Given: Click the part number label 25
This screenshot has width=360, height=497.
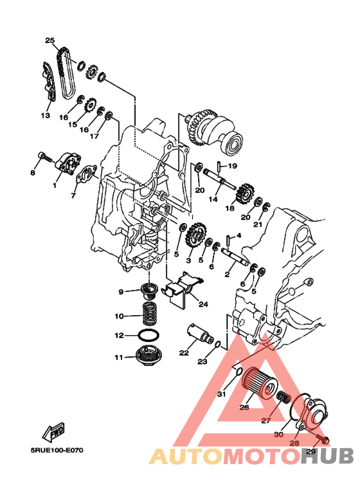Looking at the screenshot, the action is [50, 41].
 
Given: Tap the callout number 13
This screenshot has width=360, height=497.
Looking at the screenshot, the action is [45, 114].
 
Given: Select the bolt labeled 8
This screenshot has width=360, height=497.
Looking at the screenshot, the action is [46, 157].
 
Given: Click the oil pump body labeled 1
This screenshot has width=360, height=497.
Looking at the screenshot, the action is [68, 163].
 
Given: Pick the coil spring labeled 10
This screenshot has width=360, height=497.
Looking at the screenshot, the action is [150, 314].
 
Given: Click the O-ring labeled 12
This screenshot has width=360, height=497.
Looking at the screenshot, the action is [148, 336].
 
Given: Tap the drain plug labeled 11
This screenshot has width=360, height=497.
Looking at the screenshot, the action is [147, 357].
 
